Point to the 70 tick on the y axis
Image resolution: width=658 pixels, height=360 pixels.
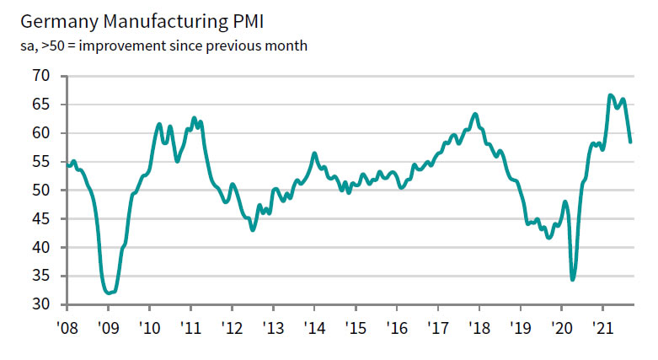point(42,76)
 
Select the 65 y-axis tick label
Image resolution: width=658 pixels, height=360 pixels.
point(42,105)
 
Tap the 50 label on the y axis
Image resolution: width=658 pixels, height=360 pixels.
point(42,191)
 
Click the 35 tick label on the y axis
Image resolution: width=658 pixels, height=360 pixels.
point(42,276)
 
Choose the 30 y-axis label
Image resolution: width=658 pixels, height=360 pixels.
point(42,304)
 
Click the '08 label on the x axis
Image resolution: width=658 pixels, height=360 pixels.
point(67,327)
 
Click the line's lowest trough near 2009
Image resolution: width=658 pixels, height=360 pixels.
point(109,293)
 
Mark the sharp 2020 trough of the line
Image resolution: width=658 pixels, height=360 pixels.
point(573,279)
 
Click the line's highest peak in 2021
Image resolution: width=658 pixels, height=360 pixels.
point(610,95)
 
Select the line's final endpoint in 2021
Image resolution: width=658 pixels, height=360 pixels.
point(630,142)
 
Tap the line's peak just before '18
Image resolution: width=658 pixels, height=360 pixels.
point(475,114)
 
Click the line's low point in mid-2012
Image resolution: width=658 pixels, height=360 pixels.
point(253,229)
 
